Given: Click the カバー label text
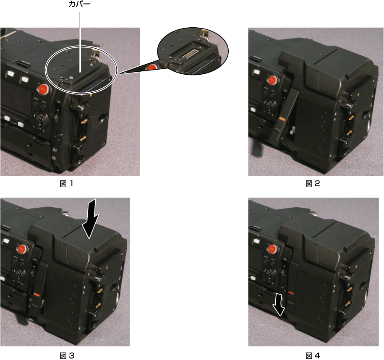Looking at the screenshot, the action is [x=79, y=4].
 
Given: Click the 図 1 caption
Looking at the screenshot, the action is [x=66, y=183].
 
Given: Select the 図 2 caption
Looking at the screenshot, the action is [x=313, y=183].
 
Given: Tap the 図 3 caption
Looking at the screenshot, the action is [x=67, y=355].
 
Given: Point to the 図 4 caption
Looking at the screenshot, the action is [x=313, y=355].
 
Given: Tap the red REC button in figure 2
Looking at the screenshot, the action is [x=272, y=80].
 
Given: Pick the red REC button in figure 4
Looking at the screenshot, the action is [x=272, y=249].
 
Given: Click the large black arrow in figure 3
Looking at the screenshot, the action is [x=90, y=219].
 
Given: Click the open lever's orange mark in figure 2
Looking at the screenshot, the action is [x=282, y=119].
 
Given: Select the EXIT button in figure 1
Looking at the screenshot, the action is [x=44, y=106].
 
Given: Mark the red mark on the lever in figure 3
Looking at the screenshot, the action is [x=37, y=295].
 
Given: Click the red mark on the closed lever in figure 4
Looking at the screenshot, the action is [x=291, y=292].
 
